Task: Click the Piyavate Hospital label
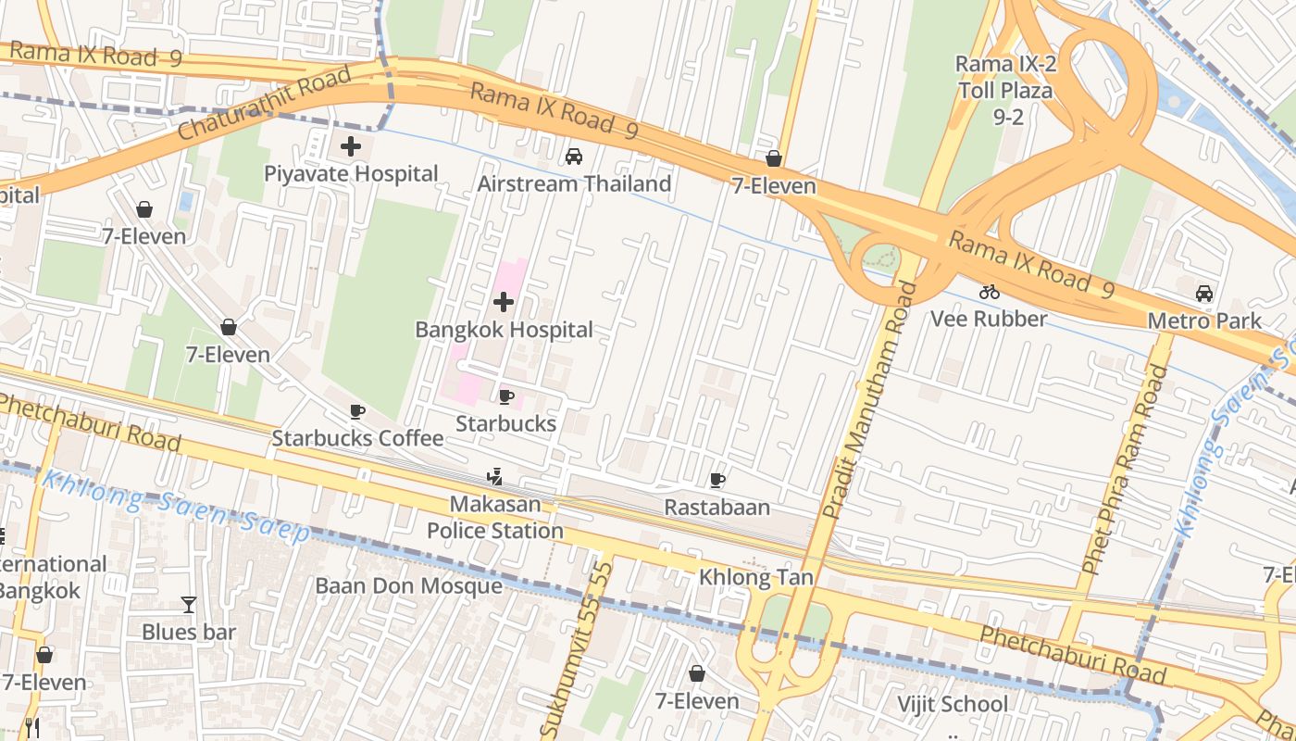pyautogui.click(x=351, y=174)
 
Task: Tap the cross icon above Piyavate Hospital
pyautogui.click(x=351, y=145)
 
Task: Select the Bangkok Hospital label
pyautogui.click(x=504, y=330)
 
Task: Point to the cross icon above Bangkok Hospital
pyautogui.click(x=504, y=302)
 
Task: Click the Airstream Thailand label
pyautogui.click(x=574, y=184)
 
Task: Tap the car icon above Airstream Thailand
pyautogui.click(x=574, y=156)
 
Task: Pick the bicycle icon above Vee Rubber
pyautogui.click(x=989, y=292)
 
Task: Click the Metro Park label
pyautogui.click(x=1203, y=321)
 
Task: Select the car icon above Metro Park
pyautogui.click(x=1203, y=294)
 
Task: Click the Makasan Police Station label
pyautogui.click(x=494, y=518)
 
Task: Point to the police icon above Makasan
pyautogui.click(x=494, y=478)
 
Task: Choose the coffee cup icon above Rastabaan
pyautogui.click(x=717, y=480)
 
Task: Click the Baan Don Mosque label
pyautogui.click(x=409, y=586)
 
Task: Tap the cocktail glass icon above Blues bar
pyautogui.click(x=189, y=605)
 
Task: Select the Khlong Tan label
pyautogui.click(x=756, y=578)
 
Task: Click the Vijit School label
pyautogui.click(x=953, y=704)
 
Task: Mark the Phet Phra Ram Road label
pyautogui.click(x=1126, y=470)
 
